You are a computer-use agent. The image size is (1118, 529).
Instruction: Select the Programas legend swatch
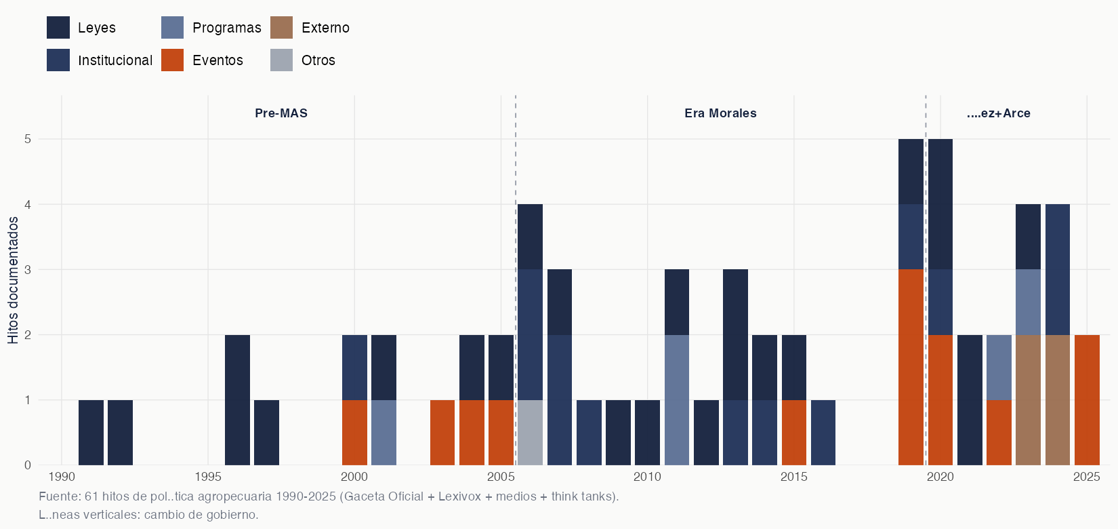tap(172, 28)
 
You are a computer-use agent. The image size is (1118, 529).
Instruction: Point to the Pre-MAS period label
tap(281, 113)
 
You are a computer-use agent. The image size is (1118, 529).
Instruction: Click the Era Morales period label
tap(720, 113)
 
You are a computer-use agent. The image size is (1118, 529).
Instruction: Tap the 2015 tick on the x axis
tap(793, 477)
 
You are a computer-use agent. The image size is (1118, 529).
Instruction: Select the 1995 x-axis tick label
tap(208, 477)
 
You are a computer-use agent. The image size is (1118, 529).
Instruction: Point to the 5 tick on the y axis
tap(28, 139)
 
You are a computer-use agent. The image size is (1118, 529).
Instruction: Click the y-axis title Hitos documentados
tap(14, 280)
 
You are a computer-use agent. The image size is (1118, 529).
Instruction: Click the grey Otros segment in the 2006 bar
tap(530, 433)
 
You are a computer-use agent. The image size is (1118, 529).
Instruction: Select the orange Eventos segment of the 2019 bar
tap(911, 367)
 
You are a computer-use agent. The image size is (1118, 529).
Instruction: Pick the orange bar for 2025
tap(1087, 400)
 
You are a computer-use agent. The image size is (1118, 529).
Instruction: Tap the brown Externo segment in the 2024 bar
tap(1058, 400)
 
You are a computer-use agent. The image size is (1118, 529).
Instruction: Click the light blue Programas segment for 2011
tap(676, 400)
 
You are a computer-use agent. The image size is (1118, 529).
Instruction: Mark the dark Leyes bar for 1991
tap(91, 433)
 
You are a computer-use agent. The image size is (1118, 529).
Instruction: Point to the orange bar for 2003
tap(442, 433)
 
